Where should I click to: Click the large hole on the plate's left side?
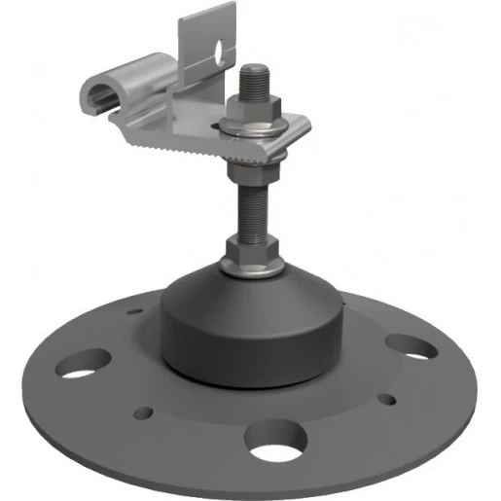coord(80,367)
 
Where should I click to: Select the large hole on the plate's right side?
coord(409,346)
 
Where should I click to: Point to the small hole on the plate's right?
coord(387,398)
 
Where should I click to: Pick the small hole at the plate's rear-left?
coord(134,312)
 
